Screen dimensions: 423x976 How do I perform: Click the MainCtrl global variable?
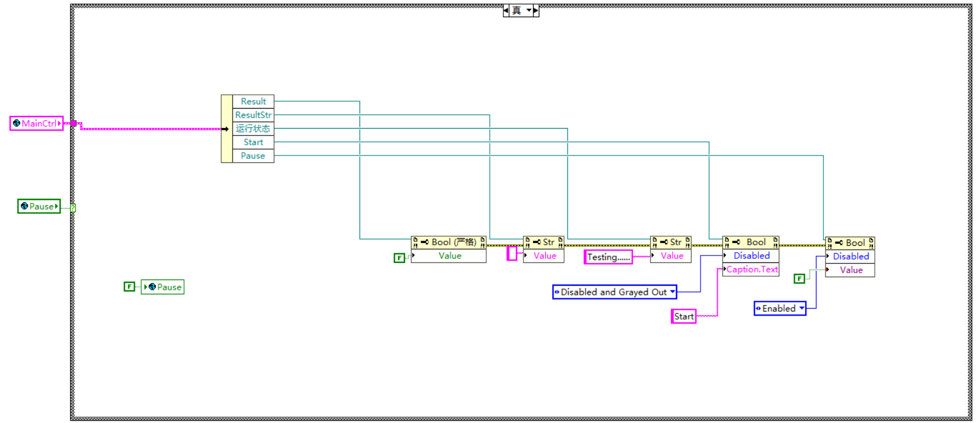(36, 123)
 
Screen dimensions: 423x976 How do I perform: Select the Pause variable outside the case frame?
(39, 206)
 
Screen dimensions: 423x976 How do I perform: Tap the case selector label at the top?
(517, 11)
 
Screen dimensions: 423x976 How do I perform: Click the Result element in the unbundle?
(253, 101)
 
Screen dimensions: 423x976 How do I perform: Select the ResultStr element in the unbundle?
(253, 115)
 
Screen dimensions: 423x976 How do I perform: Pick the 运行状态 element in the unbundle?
(253, 129)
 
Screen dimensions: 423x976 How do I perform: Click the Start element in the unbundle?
(253, 142)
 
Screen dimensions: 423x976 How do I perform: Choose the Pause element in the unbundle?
(253, 156)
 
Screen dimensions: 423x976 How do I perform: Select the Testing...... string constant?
(608, 257)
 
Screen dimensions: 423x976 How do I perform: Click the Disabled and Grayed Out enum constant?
(614, 292)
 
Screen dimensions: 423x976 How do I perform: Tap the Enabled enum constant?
(779, 309)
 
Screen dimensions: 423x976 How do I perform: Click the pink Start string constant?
(683, 316)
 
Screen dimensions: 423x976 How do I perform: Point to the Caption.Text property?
(751, 269)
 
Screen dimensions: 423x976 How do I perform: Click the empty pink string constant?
(512, 253)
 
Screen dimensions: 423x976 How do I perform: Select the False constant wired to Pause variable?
(130, 286)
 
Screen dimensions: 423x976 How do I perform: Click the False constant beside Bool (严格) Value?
(399, 258)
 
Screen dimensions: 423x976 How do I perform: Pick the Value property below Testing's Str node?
(671, 256)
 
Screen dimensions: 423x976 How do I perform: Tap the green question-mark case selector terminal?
(73, 207)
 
